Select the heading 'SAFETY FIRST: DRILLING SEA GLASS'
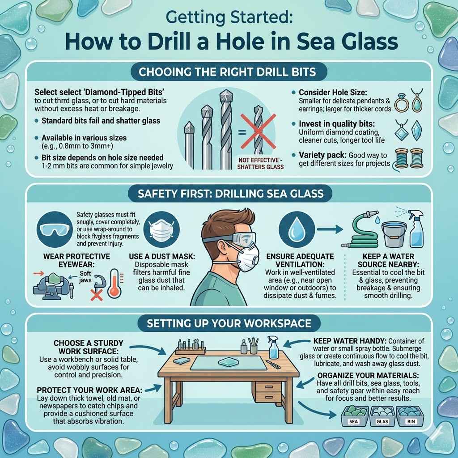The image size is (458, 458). (229, 195)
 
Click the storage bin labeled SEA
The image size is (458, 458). (354, 415)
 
